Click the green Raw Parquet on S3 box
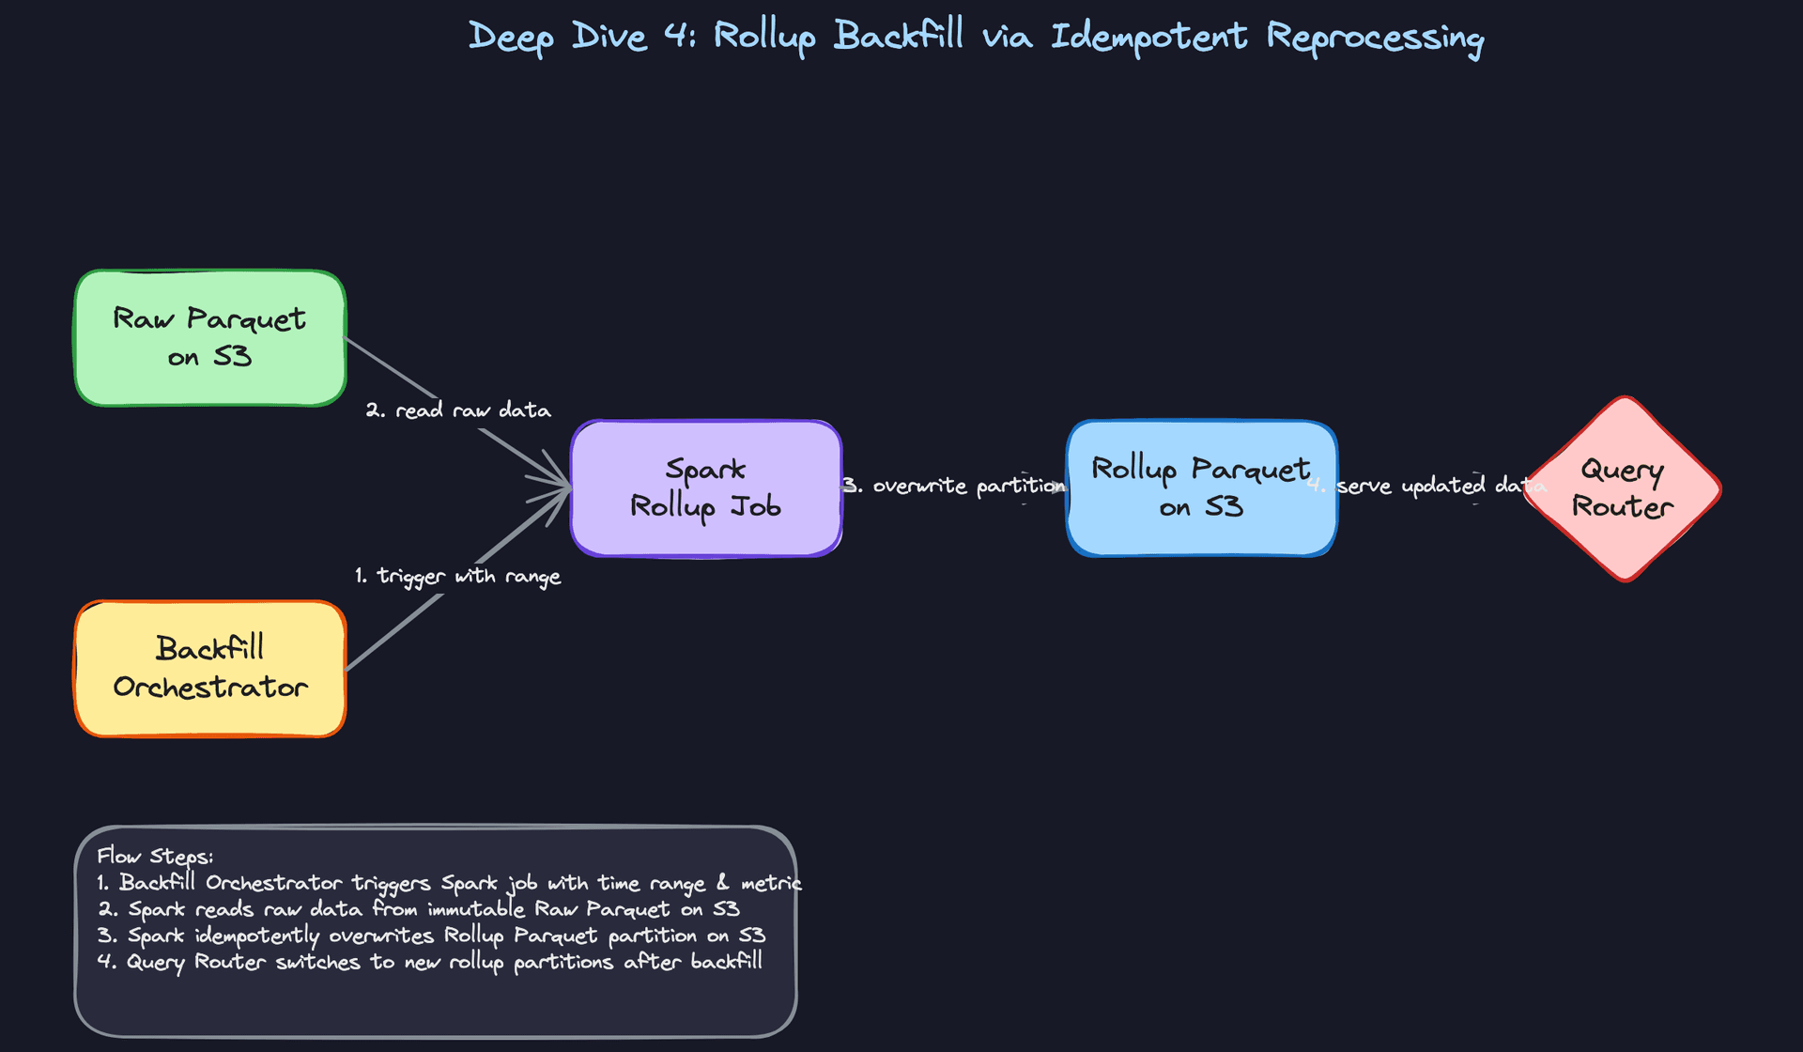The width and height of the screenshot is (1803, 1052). [209, 338]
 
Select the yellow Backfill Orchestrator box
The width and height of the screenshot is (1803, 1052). [209, 669]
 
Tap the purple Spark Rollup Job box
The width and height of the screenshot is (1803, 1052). [705, 488]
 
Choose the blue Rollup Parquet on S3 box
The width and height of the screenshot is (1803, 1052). [1201, 488]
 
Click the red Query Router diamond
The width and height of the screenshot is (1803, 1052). [1623, 488]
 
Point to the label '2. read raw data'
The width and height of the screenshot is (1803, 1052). [458, 410]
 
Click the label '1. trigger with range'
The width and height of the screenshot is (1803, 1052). [458, 576]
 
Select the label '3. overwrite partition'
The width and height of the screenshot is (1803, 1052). [954, 486]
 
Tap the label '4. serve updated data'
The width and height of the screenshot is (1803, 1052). [1427, 486]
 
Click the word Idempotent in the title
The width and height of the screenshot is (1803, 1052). [1148, 38]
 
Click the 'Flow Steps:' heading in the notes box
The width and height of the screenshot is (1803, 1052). [155, 856]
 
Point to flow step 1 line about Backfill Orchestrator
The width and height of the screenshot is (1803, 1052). [449, 883]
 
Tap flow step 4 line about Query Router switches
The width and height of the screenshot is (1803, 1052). [430, 962]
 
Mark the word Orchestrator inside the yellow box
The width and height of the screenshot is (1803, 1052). [210, 688]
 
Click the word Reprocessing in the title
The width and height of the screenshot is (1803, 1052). [1375, 38]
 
